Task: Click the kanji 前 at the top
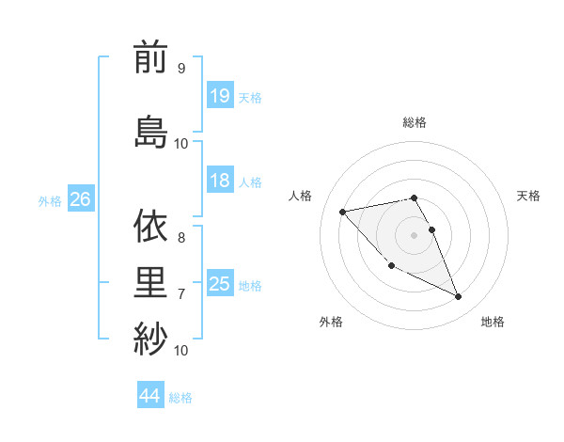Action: (150, 58)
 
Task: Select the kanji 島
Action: (150, 129)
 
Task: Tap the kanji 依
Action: (150, 226)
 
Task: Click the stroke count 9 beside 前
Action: (180, 69)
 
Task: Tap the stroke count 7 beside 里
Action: (180, 294)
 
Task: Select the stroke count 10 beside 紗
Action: (181, 350)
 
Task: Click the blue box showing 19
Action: (220, 96)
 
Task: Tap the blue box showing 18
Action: (220, 181)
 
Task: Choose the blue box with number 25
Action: (220, 284)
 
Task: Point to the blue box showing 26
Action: (80, 199)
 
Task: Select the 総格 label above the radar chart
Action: (415, 122)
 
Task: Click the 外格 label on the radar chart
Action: (331, 322)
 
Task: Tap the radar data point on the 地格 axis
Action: (459, 297)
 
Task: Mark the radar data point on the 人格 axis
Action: (342, 211)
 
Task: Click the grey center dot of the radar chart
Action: (415, 234)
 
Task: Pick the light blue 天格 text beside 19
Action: (250, 97)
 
